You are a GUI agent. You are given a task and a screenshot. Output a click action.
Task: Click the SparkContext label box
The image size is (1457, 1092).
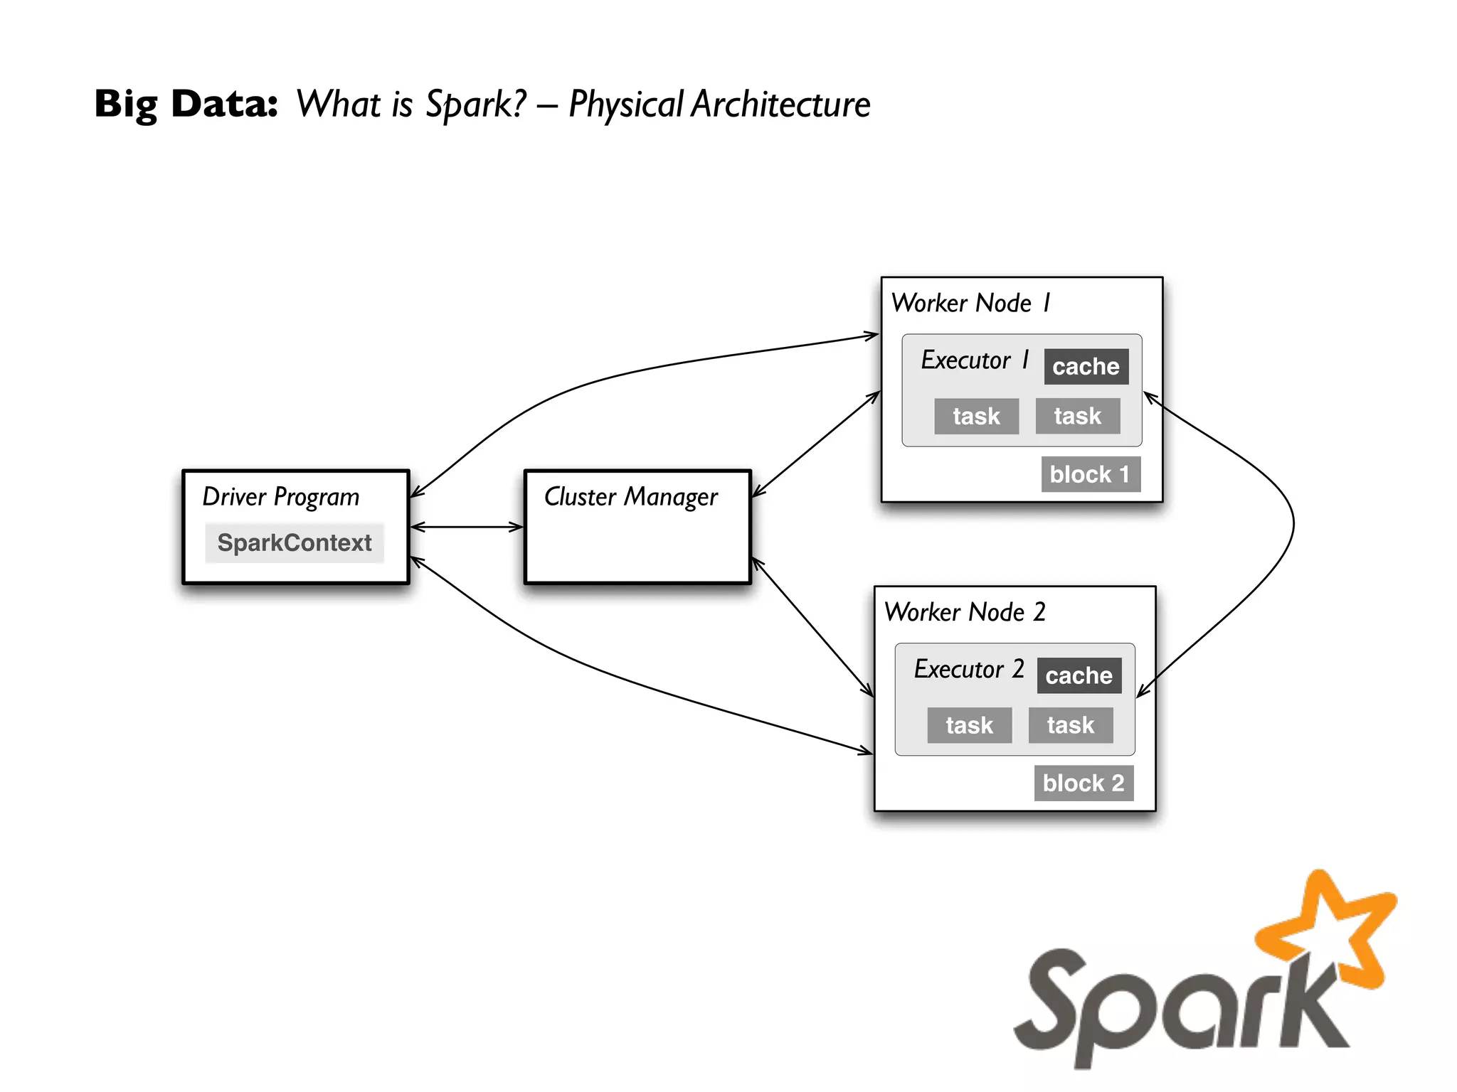tap(294, 543)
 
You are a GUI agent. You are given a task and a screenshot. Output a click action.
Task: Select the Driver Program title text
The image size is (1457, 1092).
tap(281, 497)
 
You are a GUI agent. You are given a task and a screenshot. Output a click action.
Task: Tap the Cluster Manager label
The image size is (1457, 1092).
tap(630, 497)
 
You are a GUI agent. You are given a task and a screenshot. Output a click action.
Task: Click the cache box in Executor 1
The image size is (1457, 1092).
tap(1086, 367)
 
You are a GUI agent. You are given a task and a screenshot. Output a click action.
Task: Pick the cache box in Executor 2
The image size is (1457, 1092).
tap(1079, 675)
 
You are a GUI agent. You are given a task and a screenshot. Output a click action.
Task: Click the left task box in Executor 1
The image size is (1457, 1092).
tap(976, 416)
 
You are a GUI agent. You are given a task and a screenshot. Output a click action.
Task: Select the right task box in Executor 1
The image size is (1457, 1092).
tap(1077, 416)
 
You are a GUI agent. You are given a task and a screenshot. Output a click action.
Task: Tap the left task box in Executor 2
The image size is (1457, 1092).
tap(969, 725)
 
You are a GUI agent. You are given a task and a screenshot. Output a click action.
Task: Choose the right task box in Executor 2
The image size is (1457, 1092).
tap(1070, 725)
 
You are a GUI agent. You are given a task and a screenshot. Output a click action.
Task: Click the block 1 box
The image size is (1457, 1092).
tap(1090, 474)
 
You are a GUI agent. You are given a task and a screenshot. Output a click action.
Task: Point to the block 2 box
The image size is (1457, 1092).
tap(1083, 783)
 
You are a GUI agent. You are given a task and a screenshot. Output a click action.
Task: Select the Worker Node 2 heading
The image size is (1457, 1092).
tap(965, 612)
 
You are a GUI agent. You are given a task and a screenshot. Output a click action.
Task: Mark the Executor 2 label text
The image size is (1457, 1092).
tap(968, 670)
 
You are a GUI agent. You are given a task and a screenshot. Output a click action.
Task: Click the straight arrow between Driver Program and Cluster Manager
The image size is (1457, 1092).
tap(467, 527)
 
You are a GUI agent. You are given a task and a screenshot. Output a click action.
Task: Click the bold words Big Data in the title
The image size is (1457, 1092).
tap(186, 105)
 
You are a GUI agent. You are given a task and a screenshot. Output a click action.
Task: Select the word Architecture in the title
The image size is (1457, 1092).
tap(780, 105)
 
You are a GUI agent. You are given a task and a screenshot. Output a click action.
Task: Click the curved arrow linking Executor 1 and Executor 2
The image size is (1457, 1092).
tap(1293, 526)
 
